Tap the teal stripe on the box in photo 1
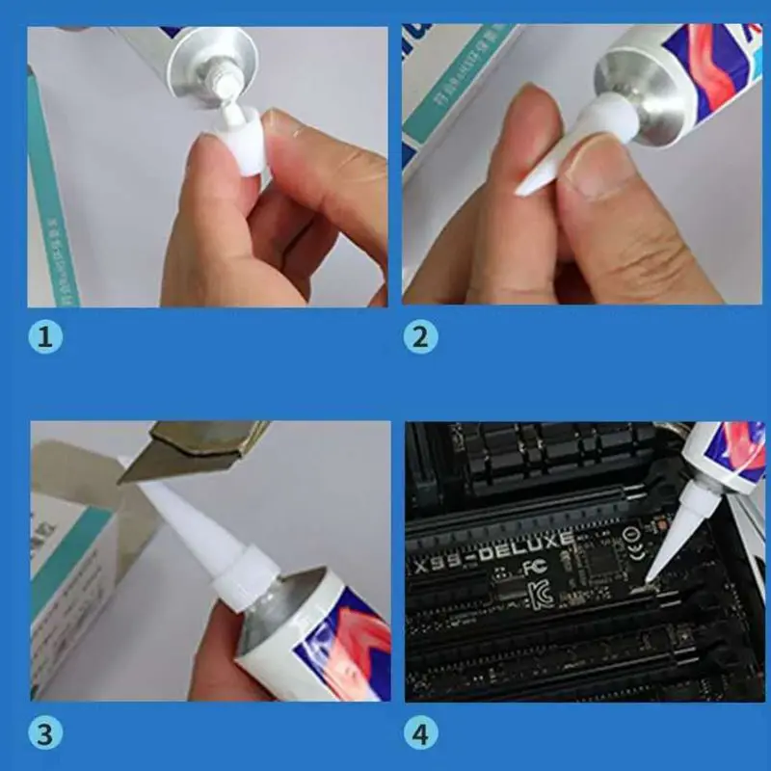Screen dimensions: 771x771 click(x=58, y=193)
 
